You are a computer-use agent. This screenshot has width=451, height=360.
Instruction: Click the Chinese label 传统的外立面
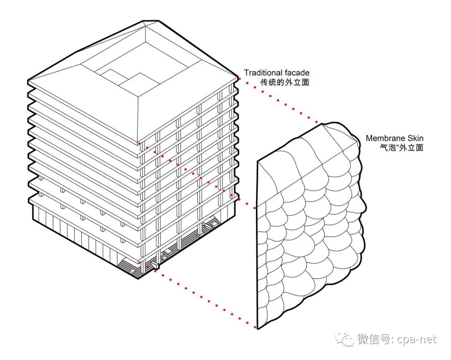[x=285, y=83]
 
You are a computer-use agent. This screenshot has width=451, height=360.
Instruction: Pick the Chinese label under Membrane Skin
[x=402, y=148]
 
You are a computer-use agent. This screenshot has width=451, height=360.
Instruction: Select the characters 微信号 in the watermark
[x=374, y=339]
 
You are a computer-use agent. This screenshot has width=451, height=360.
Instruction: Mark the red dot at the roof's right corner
[x=239, y=78]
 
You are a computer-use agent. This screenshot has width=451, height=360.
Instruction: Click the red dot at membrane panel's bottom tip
[x=255, y=327]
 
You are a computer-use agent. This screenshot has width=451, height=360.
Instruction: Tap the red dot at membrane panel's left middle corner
[x=255, y=208]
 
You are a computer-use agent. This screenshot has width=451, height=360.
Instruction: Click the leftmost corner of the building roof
[x=28, y=80]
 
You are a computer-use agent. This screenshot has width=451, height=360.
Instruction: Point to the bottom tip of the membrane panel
[x=257, y=329]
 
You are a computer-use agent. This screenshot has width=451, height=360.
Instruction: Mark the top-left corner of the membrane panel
[x=257, y=161]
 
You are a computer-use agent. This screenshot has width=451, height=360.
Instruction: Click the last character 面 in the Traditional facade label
[x=305, y=83]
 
